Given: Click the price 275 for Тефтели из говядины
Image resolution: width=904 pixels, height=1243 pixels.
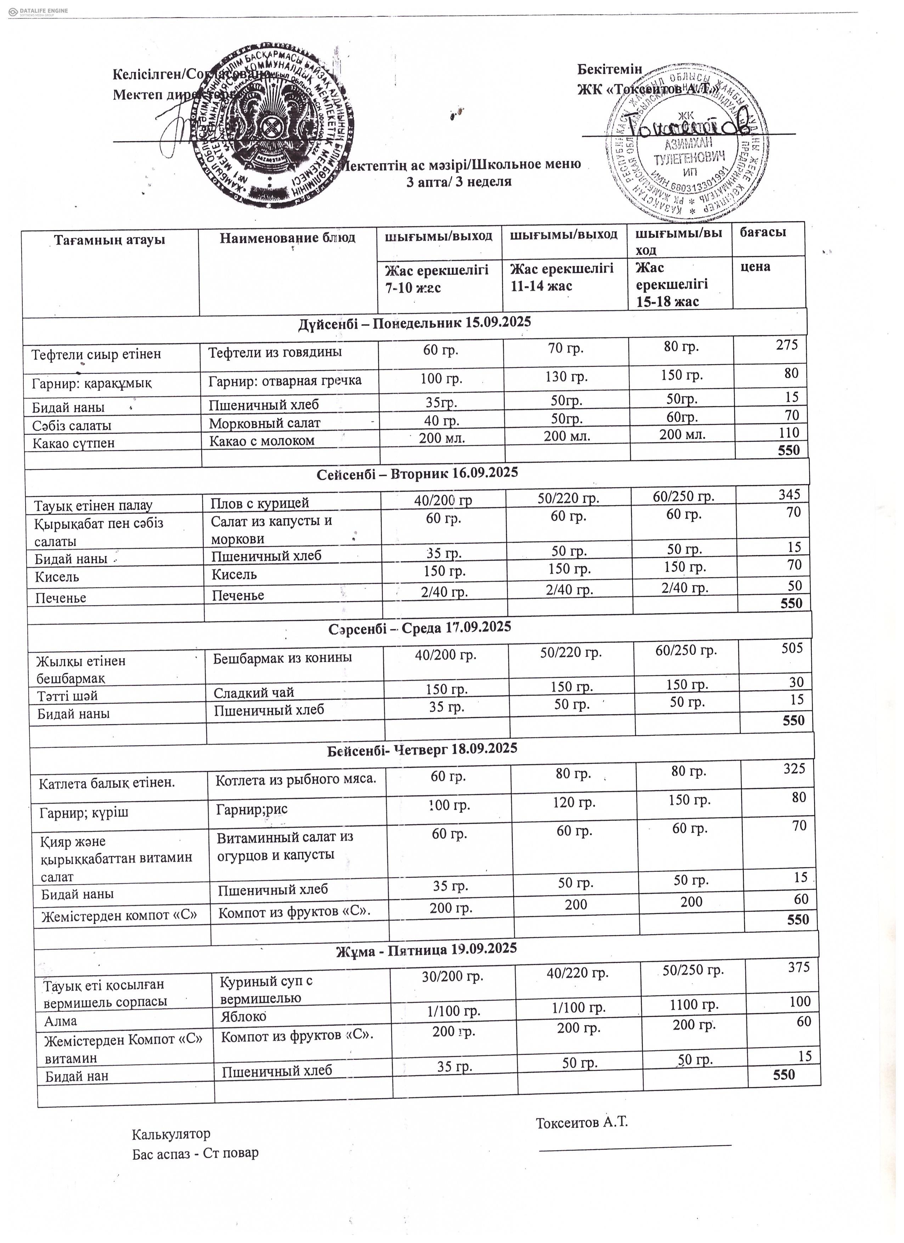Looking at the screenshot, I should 787,345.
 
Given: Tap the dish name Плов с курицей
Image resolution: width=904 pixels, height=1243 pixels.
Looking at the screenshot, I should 260,503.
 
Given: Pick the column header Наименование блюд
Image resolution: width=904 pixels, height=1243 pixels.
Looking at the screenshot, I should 287,238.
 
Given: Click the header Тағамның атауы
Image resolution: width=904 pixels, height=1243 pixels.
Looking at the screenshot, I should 110,239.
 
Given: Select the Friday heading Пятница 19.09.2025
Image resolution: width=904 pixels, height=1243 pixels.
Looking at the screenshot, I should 426,949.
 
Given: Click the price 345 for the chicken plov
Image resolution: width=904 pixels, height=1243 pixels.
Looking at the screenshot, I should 790,494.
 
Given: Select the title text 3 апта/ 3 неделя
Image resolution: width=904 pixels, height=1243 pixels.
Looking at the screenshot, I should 458,182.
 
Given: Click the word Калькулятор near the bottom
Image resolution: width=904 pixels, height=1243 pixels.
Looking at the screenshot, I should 171,1133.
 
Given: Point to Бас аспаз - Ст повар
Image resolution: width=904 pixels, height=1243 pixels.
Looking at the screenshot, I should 195,1153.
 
